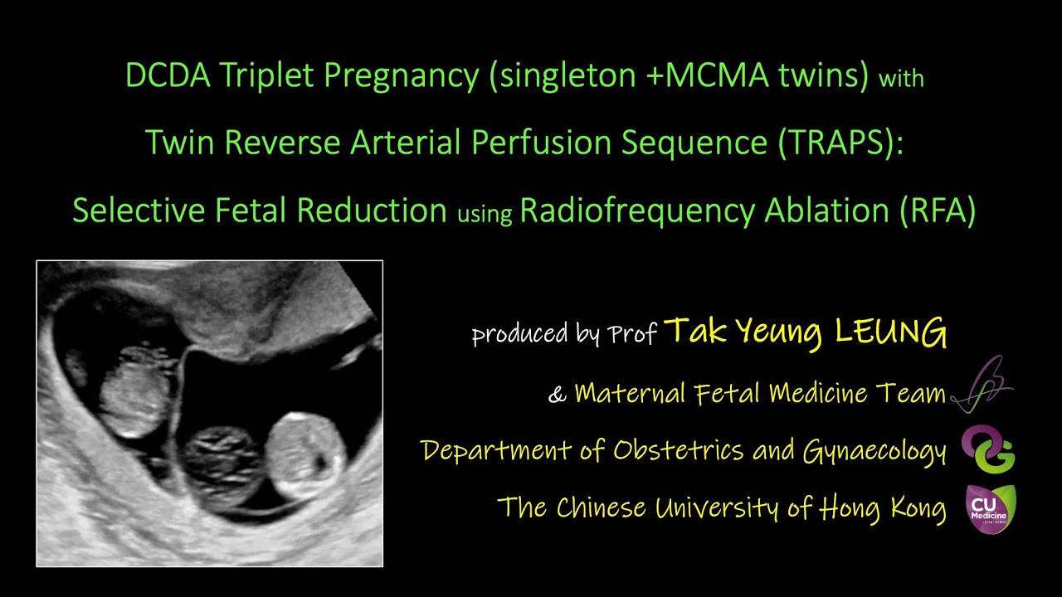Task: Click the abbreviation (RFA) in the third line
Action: [x=937, y=211]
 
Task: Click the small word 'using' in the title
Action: [x=485, y=214]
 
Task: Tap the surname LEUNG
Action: [x=890, y=332]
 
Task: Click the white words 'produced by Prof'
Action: [x=564, y=334]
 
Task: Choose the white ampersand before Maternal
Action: [x=556, y=395]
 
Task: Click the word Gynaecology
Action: [x=874, y=451]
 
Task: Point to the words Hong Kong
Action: [x=883, y=507]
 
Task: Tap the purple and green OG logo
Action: [x=988, y=449]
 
